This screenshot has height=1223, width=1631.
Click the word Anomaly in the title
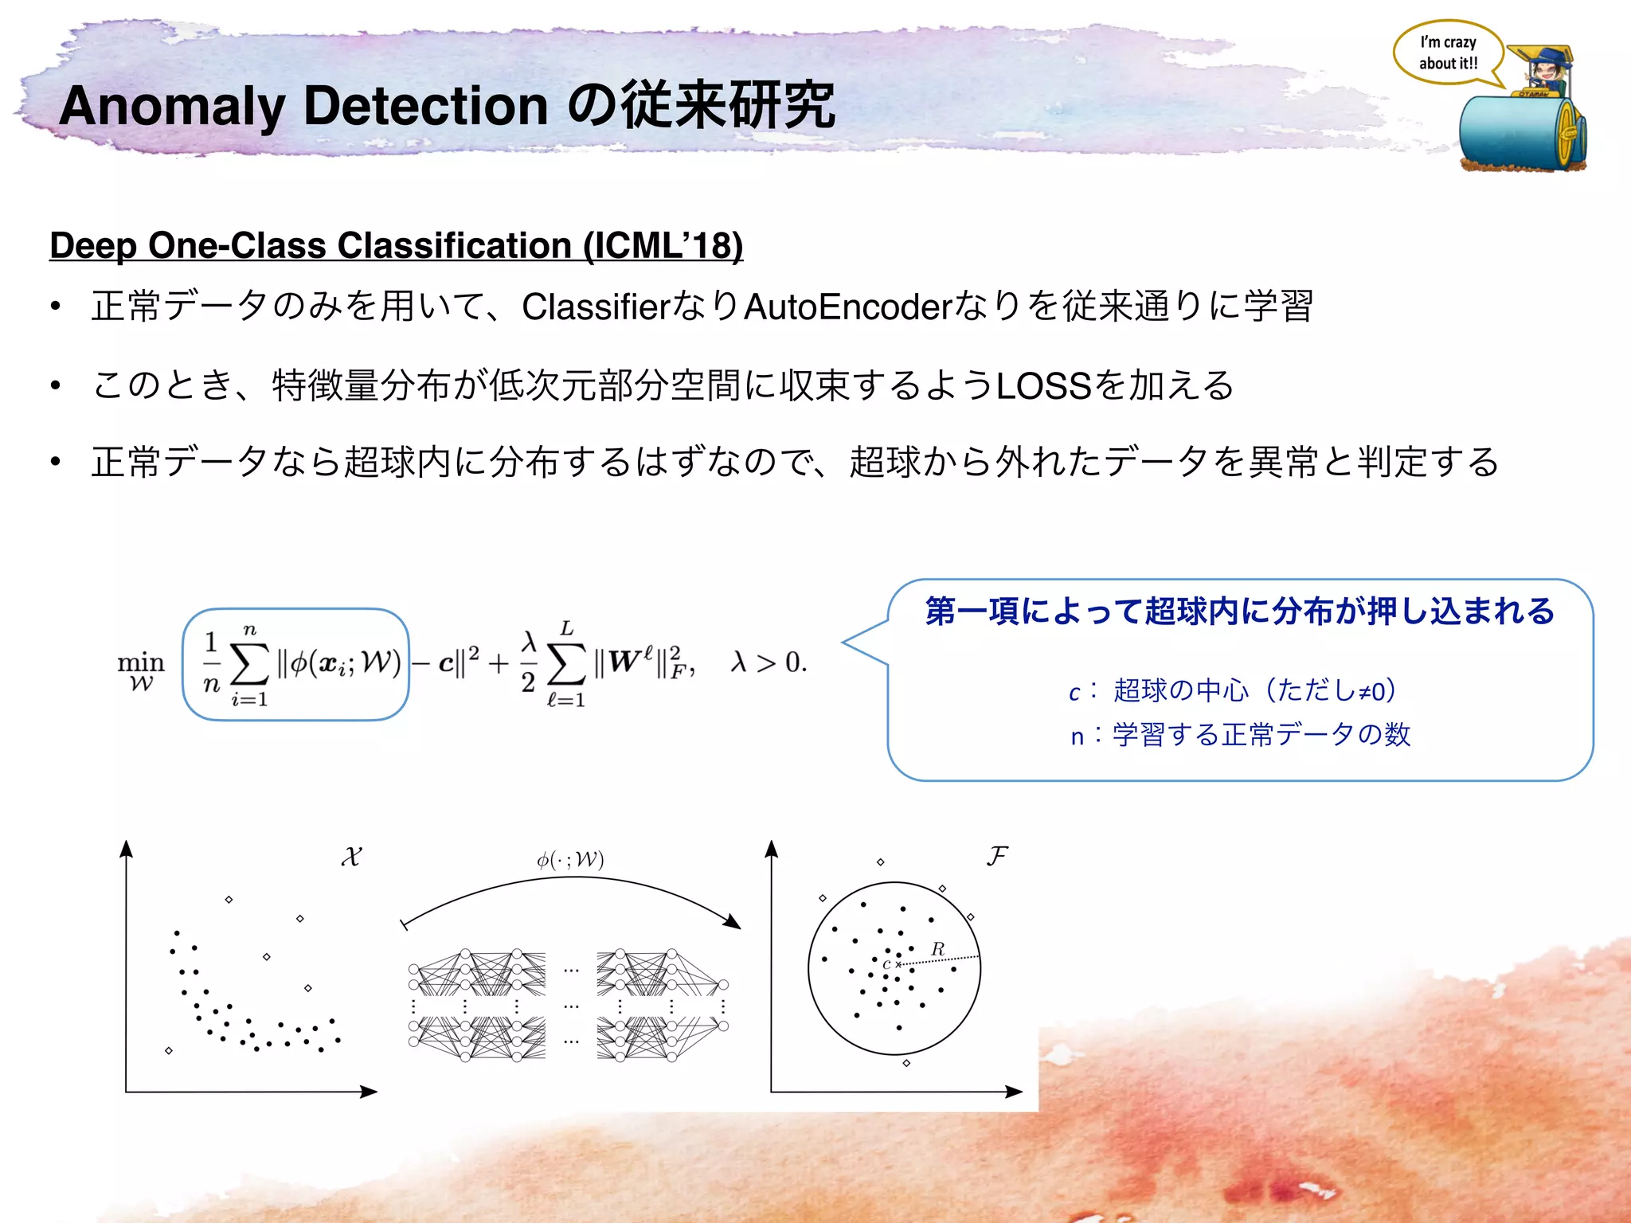point(172,106)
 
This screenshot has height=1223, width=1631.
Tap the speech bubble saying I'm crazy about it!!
point(1448,53)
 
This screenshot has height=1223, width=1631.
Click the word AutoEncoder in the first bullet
point(848,307)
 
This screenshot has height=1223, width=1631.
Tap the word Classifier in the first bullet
point(597,307)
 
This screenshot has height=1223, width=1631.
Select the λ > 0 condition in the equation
point(769,662)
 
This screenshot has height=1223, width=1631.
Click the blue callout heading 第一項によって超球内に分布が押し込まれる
point(1239,611)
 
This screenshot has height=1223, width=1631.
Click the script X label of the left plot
point(351,858)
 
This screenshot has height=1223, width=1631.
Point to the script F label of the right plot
point(996,857)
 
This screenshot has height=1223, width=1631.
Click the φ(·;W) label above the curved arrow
point(570,860)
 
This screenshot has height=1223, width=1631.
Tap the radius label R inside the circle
point(937,949)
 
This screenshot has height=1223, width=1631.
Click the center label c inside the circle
point(886,965)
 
